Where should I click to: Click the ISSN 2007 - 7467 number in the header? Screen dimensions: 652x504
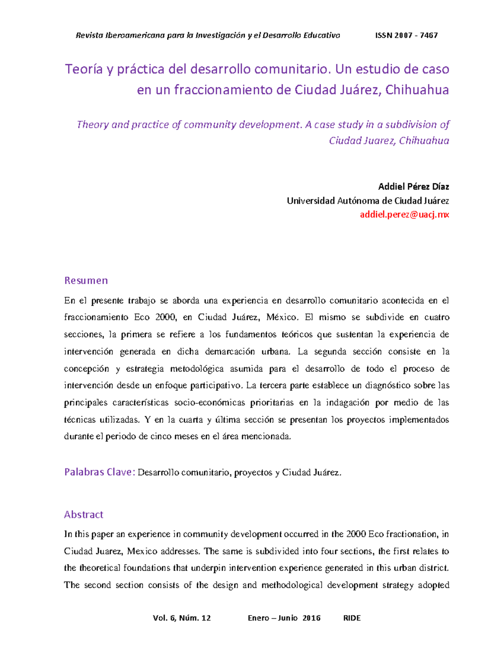pyautogui.click(x=406, y=35)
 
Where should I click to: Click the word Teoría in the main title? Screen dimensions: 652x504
pyautogui.click(x=84, y=69)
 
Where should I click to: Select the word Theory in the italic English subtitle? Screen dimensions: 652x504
pyautogui.click(x=92, y=125)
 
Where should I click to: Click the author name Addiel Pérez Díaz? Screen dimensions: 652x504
pyautogui.click(x=413, y=186)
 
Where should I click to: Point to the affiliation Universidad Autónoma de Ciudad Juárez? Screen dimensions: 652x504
pyautogui.click(x=367, y=201)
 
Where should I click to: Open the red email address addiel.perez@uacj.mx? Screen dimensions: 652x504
pyautogui.click(x=404, y=215)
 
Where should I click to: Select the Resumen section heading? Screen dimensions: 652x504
pyautogui.click(x=86, y=280)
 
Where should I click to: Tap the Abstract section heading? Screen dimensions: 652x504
pyautogui.click(x=84, y=515)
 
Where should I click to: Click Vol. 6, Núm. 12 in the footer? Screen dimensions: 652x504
pyautogui.click(x=182, y=618)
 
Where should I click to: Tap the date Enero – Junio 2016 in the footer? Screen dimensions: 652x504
pyautogui.click(x=284, y=618)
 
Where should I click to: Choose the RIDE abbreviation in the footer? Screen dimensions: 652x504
pyautogui.click(x=352, y=618)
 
